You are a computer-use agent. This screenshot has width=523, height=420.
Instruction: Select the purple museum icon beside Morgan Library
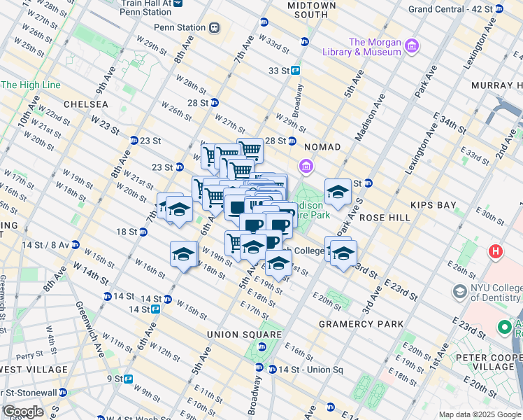[412, 47]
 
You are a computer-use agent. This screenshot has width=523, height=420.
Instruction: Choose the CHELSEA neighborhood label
[85, 104]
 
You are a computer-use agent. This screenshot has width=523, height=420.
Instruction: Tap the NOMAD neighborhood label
[322, 147]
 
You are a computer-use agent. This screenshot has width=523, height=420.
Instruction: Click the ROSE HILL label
[385, 218]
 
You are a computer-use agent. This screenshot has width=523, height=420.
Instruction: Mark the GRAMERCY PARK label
[361, 324]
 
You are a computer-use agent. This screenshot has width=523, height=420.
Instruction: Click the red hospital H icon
[496, 251]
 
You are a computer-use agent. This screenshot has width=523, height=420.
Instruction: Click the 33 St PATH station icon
[296, 70]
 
